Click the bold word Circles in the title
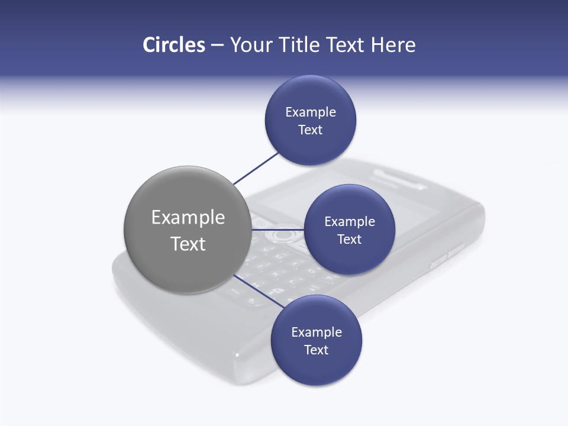pos(174,45)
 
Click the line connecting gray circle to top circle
pos(256,168)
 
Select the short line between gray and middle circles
pos(277,230)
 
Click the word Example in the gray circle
pos(188,218)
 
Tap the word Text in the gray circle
pos(188,244)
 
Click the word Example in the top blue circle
pos(311,112)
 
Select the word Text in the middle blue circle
pos(349,239)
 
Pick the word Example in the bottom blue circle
pos(317,332)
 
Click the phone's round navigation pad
pos(283,235)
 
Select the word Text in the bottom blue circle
pos(316,350)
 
